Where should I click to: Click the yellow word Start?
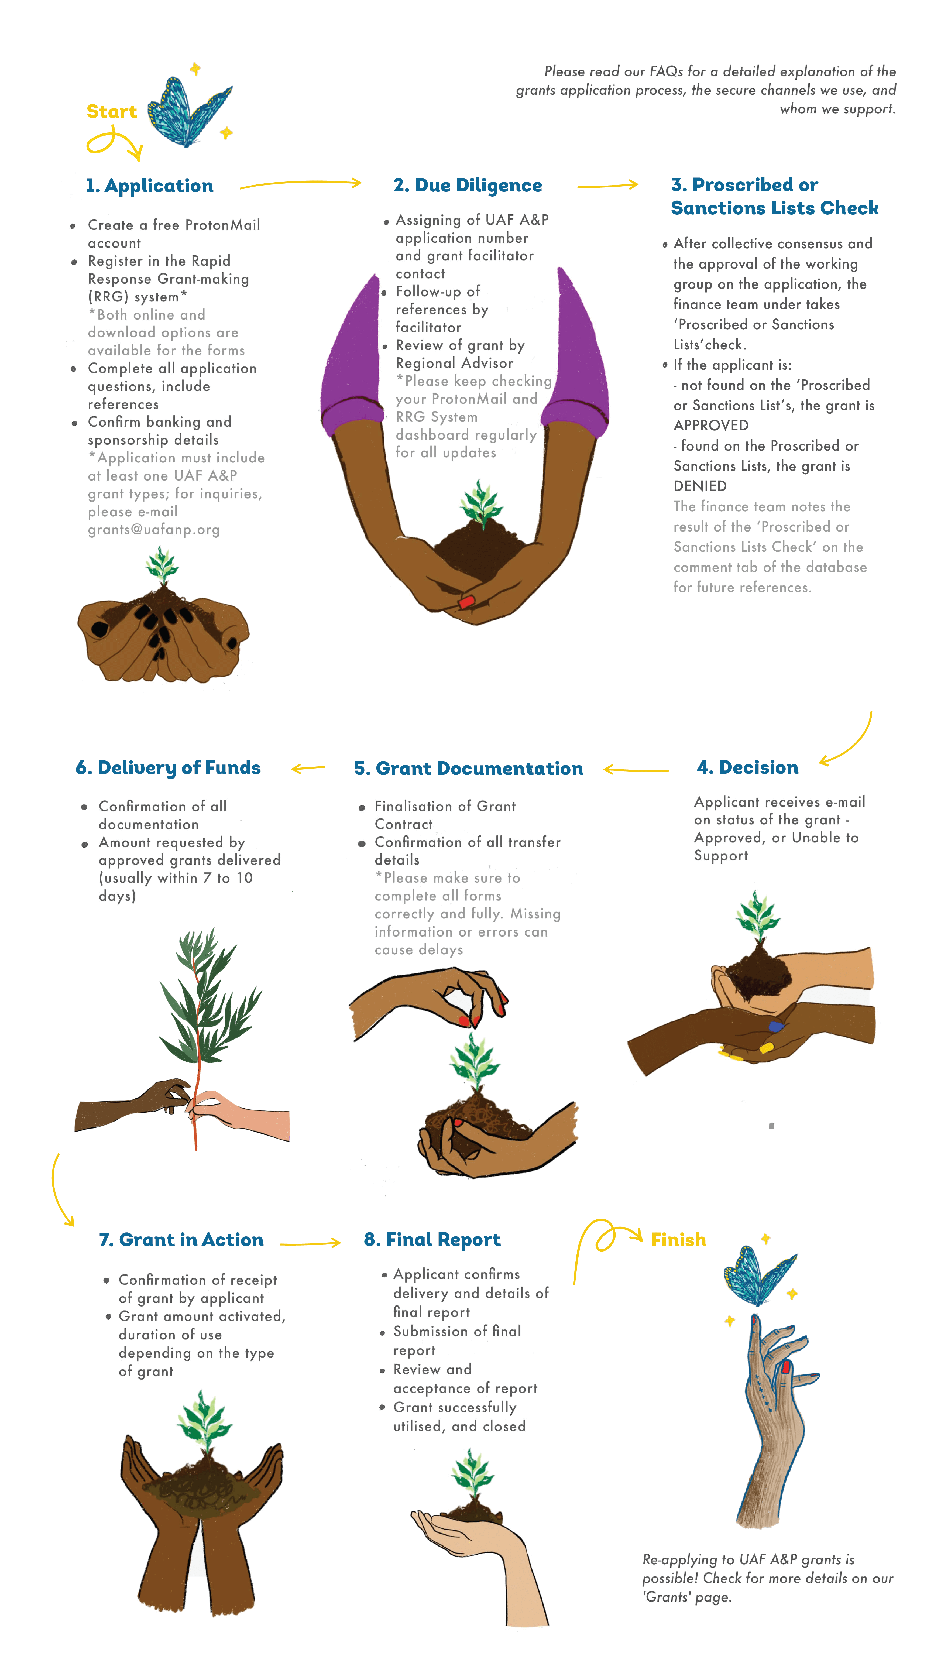(x=112, y=112)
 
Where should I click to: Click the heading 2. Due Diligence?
(x=468, y=186)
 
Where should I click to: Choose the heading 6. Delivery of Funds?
(x=168, y=768)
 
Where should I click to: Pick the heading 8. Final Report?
(x=432, y=1240)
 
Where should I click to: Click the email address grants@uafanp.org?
(x=154, y=530)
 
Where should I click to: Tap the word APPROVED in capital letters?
(x=711, y=425)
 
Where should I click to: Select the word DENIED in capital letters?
(x=700, y=486)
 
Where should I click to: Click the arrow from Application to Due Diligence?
(x=301, y=184)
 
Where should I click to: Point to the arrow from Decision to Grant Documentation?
(x=636, y=770)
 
